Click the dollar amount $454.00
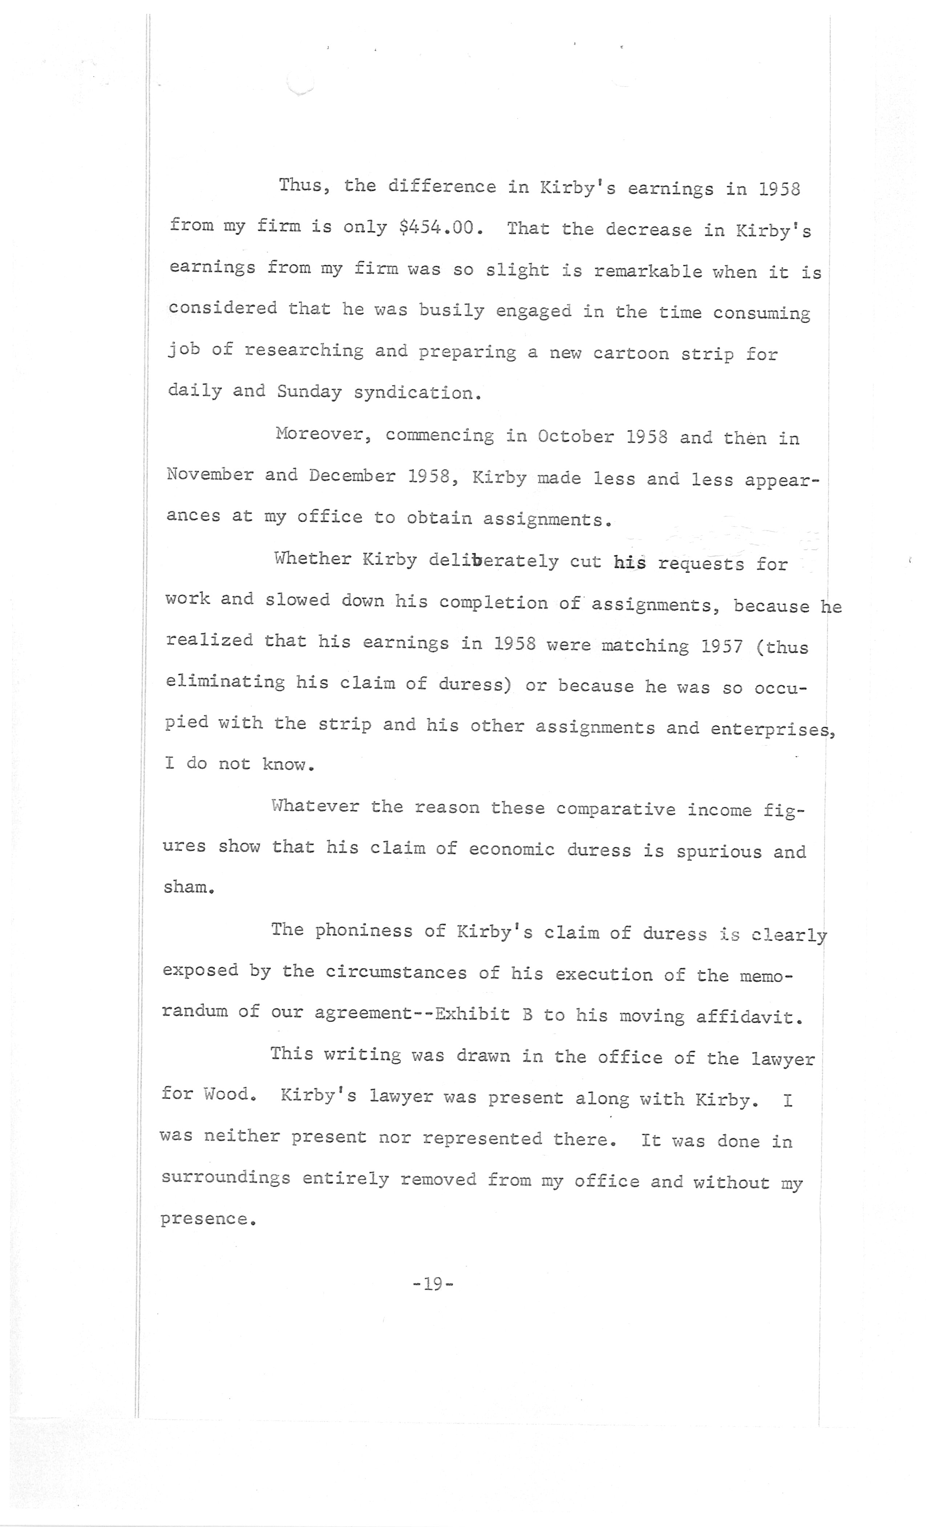[x=439, y=228]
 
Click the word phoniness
[x=363, y=931]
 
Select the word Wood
[x=228, y=1094]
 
